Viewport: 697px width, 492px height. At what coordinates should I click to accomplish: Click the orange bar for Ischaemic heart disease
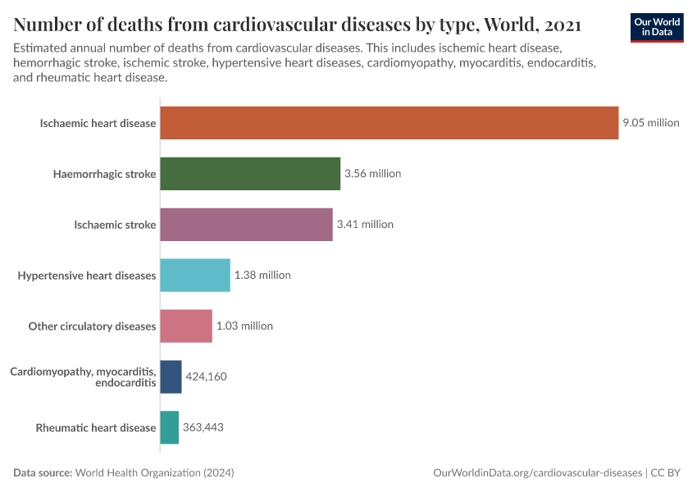point(389,123)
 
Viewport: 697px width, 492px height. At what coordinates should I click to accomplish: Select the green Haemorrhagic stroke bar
point(250,174)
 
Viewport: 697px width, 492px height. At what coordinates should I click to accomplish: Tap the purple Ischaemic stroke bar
point(246,225)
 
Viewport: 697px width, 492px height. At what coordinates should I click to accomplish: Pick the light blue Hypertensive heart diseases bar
point(195,276)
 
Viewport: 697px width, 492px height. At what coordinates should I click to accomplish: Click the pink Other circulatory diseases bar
point(186,326)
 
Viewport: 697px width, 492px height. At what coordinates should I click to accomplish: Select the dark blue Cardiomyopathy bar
point(171,376)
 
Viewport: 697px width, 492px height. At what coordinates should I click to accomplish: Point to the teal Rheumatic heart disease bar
point(169,427)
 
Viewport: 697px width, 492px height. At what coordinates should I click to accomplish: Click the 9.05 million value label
point(651,123)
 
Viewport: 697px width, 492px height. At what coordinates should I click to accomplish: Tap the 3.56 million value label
point(372,174)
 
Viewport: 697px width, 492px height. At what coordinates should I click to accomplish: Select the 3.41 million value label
point(365,225)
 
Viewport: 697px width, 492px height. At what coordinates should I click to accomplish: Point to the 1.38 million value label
point(262,276)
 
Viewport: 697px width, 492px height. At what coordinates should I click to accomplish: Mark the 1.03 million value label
point(244,326)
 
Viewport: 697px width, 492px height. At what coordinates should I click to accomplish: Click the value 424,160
point(206,376)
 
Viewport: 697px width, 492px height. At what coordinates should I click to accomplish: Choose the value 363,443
point(203,427)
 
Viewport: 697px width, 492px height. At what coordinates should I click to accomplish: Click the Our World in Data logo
point(656,27)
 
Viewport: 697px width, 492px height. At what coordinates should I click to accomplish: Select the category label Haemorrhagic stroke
point(104,174)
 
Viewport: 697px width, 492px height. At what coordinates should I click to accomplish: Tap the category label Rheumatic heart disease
point(95,427)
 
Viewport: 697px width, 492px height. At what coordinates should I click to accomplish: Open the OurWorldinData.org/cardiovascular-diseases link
point(537,473)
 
